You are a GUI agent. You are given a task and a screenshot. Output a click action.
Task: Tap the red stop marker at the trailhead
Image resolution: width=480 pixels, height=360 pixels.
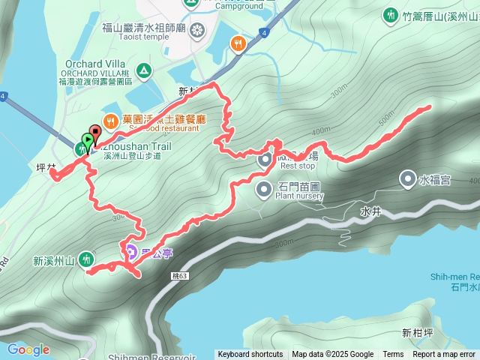[x=95, y=132]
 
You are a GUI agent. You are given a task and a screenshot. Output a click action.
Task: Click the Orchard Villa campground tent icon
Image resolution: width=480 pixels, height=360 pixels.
[x=142, y=71]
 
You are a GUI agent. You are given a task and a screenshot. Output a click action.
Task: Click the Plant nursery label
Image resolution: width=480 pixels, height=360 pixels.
[x=298, y=196]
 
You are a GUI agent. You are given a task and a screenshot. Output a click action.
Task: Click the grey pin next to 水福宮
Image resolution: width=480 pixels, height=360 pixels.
[x=407, y=178]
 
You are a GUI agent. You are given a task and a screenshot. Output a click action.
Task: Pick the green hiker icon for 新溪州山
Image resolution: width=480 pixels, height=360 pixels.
[x=86, y=259]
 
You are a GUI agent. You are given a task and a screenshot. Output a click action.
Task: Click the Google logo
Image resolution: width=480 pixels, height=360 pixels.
[x=28, y=349]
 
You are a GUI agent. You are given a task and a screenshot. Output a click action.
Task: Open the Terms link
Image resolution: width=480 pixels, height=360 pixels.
[x=393, y=355]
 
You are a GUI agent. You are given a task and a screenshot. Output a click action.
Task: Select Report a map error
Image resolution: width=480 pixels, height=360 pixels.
[x=444, y=355]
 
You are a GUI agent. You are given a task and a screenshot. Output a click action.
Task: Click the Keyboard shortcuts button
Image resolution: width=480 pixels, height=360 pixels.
[x=250, y=355]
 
